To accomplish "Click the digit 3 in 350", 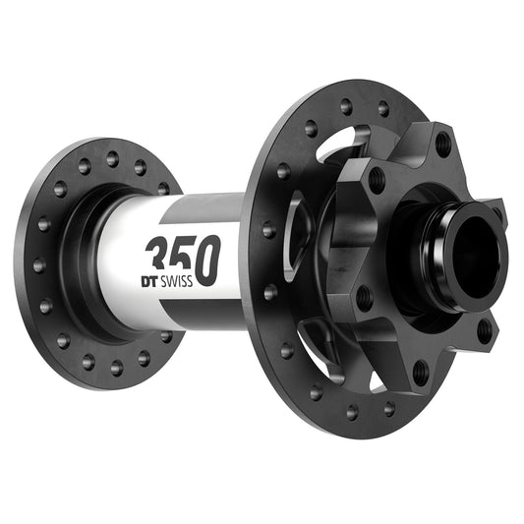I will (157, 258).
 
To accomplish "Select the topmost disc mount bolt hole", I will (443, 144).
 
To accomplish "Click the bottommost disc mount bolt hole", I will (420, 373).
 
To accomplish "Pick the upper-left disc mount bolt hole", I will (376, 179).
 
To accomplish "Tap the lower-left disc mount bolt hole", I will (364, 295).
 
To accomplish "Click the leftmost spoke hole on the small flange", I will (38, 264).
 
